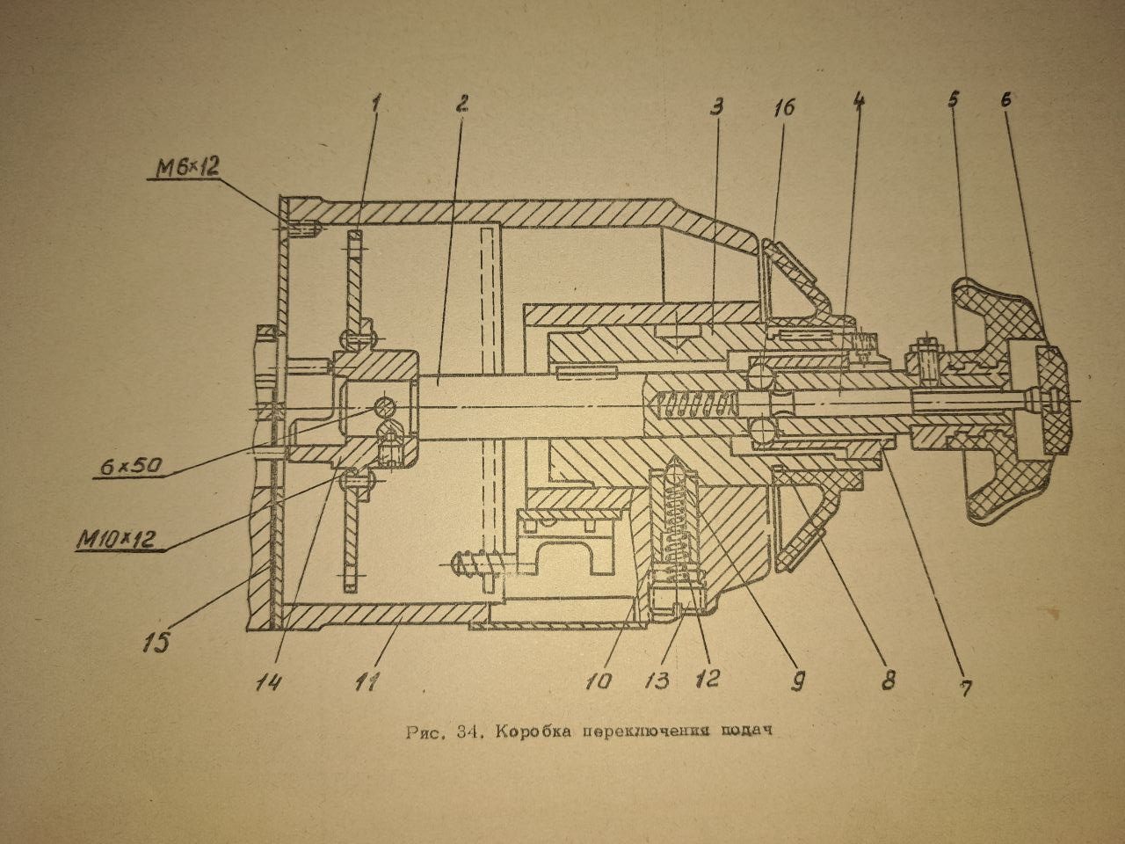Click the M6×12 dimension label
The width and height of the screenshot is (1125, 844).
[186, 169]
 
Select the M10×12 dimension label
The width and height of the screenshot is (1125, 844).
[115, 540]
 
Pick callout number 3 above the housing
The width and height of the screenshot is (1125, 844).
[716, 107]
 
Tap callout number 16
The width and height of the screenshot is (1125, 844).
[783, 107]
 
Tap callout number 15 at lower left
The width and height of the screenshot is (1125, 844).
[156, 642]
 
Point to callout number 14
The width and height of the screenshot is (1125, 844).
[269, 681]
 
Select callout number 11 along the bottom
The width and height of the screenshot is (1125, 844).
[368, 681]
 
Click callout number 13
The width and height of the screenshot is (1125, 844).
[658, 680]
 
